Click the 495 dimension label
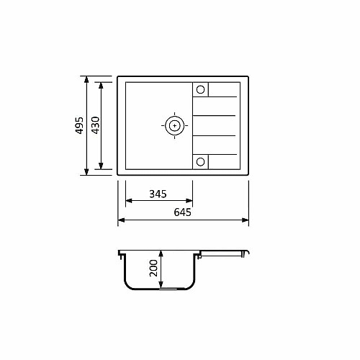coord(79,125)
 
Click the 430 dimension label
coord(96,125)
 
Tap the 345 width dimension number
coord(158,194)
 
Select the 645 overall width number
coord(182,212)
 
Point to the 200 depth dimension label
coord(153,269)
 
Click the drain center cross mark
coord(174,125)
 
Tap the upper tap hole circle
coord(200,89)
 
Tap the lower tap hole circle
coord(200,162)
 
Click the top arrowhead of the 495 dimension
coord(86,79)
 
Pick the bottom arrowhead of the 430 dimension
coord(101,166)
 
